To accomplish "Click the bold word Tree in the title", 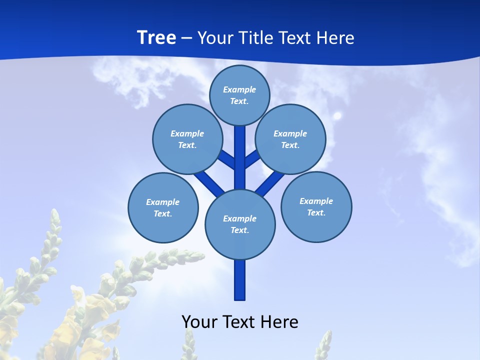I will click(156, 38).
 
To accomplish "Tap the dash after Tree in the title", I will click(186, 38).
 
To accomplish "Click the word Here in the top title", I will click(335, 38).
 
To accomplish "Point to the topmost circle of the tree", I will click(239, 95).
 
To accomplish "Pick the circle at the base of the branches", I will click(240, 224).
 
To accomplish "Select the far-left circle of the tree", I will click(163, 207).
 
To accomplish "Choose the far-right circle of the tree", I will click(316, 207).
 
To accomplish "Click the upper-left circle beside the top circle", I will click(187, 139).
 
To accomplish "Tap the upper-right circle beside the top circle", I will click(290, 139).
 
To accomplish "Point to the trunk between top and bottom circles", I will click(240, 157).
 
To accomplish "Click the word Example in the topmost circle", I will click(239, 89).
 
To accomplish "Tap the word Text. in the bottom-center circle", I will click(239, 230).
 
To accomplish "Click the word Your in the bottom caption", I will click(199, 322).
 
